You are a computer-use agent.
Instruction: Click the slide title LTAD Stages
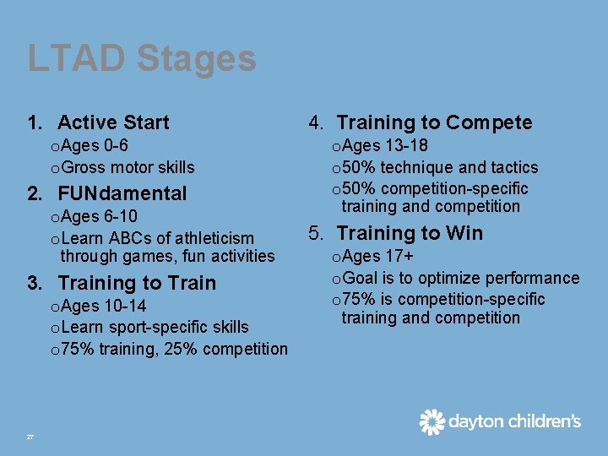click(142, 59)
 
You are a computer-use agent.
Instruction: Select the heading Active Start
click(113, 122)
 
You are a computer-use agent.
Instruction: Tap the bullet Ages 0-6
click(94, 146)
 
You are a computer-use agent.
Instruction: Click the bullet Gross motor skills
click(128, 167)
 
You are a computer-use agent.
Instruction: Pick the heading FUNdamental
click(122, 193)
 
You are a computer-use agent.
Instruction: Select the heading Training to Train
click(137, 283)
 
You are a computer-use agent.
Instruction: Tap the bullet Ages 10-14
click(104, 306)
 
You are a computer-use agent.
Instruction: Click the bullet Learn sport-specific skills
click(155, 327)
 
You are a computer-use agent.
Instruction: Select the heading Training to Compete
click(434, 122)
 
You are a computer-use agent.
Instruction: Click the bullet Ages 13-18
click(385, 146)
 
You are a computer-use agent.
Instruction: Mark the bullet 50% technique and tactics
click(439, 167)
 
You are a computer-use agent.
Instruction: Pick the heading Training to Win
click(410, 233)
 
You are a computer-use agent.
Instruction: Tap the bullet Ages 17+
click(372, 257)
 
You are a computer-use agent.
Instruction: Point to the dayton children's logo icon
click(432, 421)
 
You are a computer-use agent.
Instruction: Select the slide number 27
click(30, 437)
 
